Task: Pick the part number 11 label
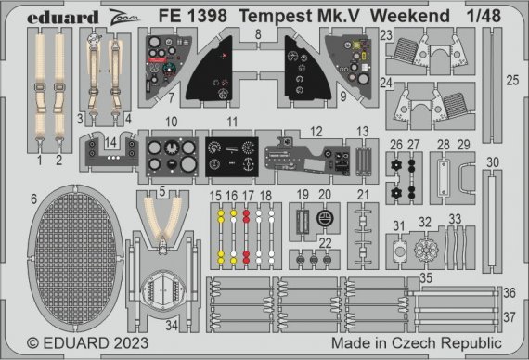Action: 233,122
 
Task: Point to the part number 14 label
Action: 110,143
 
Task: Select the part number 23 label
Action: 386,35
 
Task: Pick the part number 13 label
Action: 363,131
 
